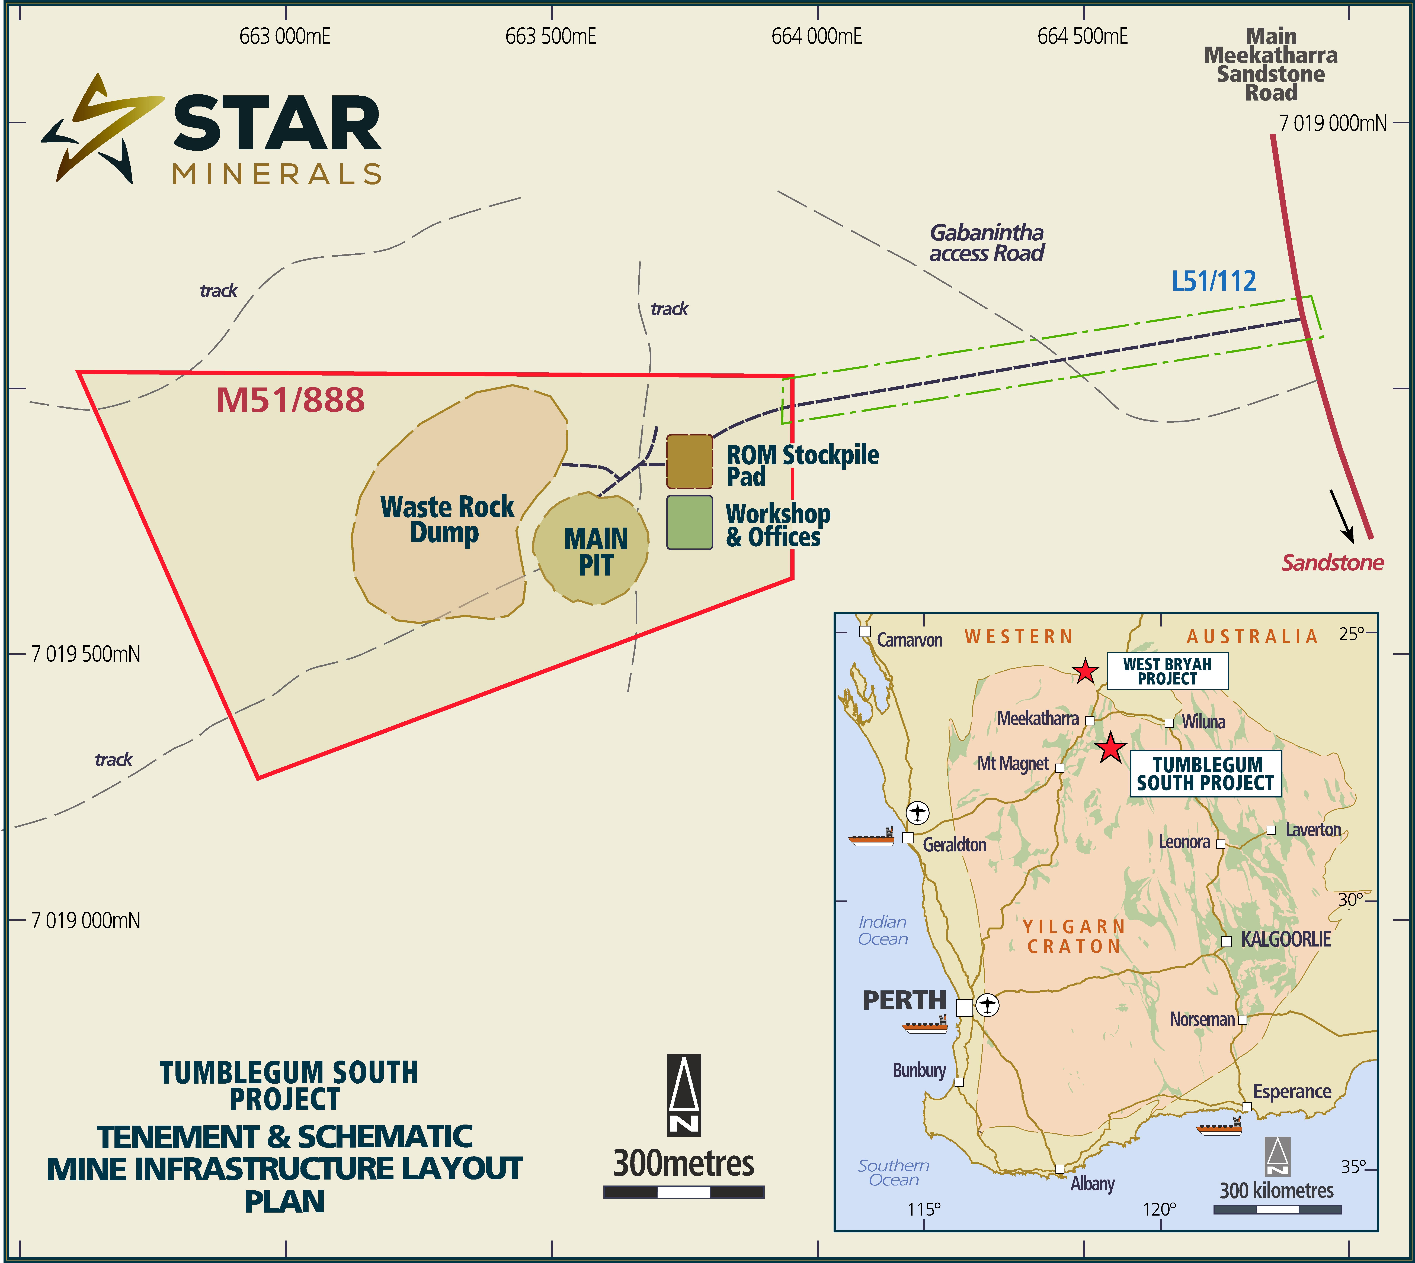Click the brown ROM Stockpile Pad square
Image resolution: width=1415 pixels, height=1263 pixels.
[x=689, y=461]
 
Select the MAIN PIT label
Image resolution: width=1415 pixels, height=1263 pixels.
[x=596, y=552]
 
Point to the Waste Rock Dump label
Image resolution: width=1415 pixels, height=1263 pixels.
[x=446, y=519]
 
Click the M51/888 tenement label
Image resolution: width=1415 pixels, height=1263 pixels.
[x=290, y=400]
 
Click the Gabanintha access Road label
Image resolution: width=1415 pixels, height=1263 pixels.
[x=987, y=243]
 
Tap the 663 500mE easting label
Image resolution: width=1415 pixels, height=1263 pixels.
[x=551, y=36]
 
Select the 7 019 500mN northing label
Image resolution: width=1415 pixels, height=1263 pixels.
[x=85, y=654]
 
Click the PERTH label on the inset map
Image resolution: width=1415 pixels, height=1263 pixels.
[x=904, y=1000]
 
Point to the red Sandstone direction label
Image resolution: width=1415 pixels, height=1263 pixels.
[x=1332, y=562]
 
